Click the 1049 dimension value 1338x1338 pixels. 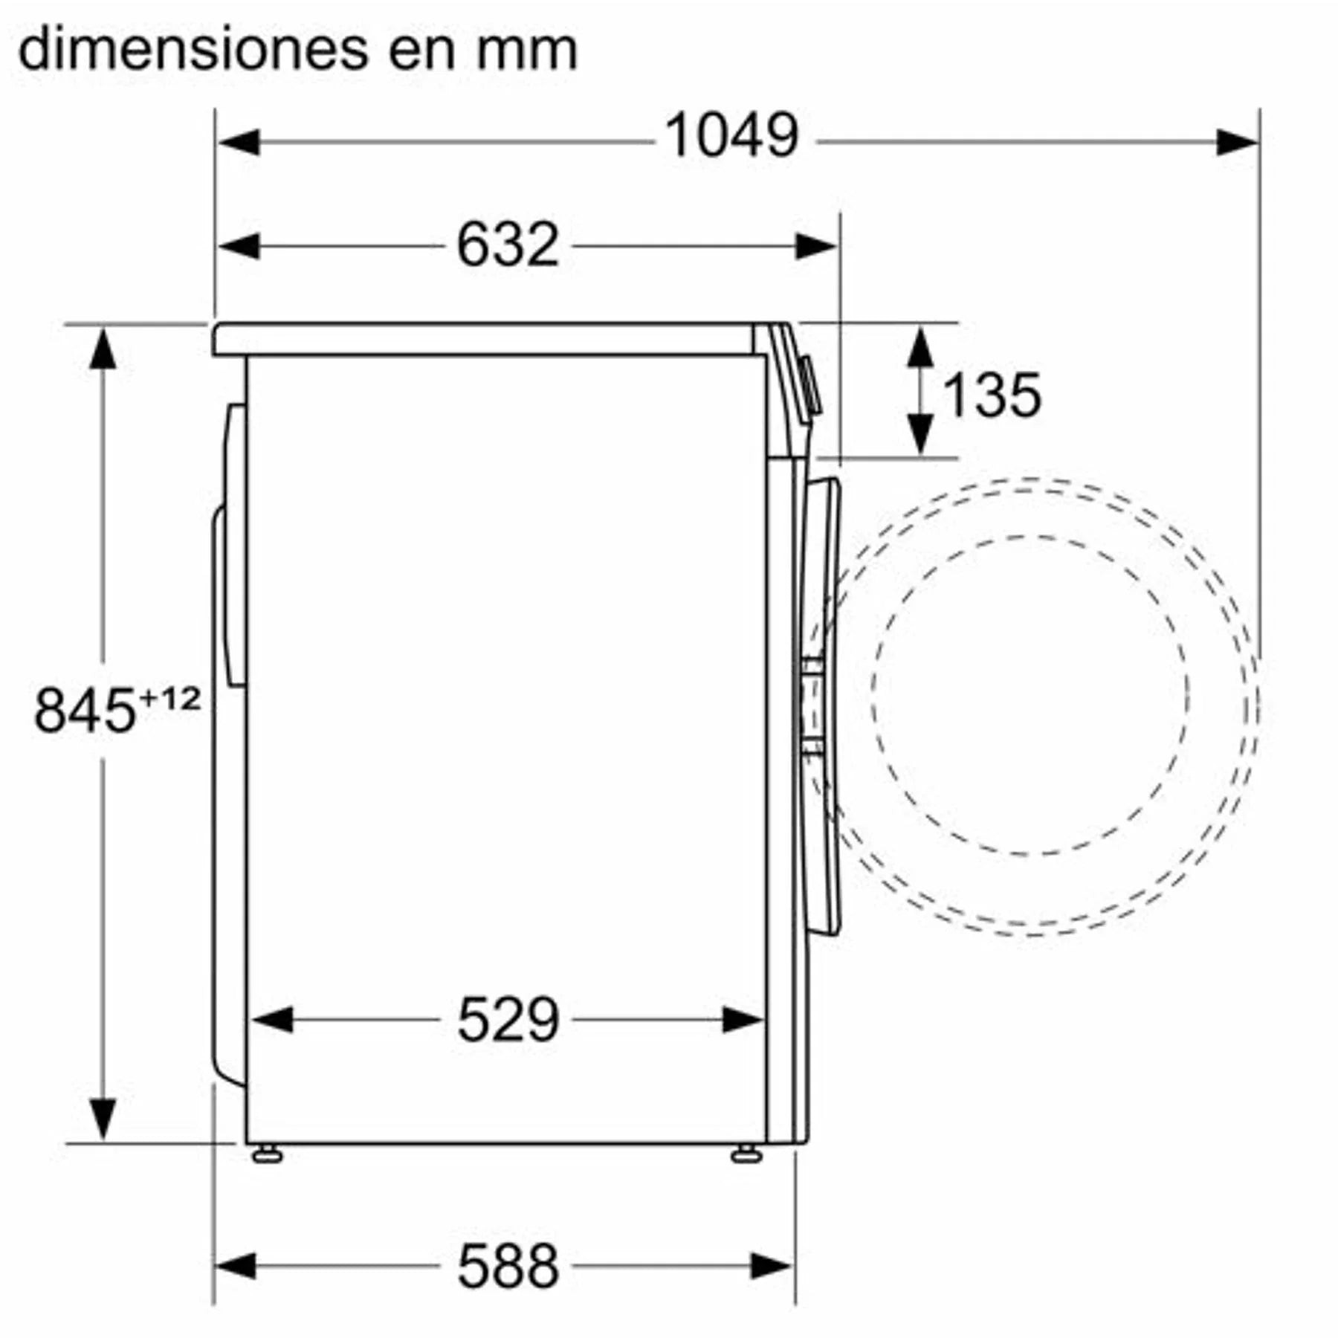(x=731, y=137)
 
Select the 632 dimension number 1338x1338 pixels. (x=508, y=245)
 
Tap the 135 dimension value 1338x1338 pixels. (x=992, y=395)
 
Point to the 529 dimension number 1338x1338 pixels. (x=508, y=1020)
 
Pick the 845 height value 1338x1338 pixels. (x=85, y=711)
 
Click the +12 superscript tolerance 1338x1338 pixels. (x=170, y=699)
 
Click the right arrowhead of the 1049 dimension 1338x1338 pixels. (x=1237, y=142)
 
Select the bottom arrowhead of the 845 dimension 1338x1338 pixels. (x=103, y=1119)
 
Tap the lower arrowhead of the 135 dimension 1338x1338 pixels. (x=921, y=434)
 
